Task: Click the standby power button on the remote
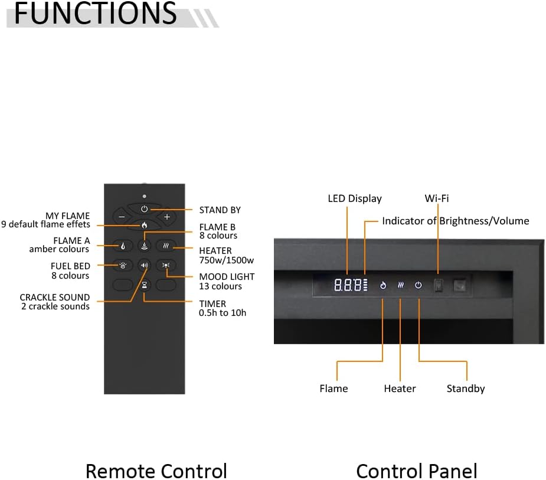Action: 145,209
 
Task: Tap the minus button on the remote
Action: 122,217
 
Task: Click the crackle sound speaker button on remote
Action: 145,266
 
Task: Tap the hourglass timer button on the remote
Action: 145,285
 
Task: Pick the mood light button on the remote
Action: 167,266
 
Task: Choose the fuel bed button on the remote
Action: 122,266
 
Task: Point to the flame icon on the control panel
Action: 382,285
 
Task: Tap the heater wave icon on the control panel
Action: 400,285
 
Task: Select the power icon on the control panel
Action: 419,285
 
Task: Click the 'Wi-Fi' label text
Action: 437,198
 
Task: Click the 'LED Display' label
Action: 355,198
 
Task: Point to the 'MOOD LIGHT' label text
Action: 227,277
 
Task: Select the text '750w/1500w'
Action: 226,260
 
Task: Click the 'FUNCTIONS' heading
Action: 94,14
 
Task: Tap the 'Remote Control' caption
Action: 156,471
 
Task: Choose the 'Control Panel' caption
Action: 417,471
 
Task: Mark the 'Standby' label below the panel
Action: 466,388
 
